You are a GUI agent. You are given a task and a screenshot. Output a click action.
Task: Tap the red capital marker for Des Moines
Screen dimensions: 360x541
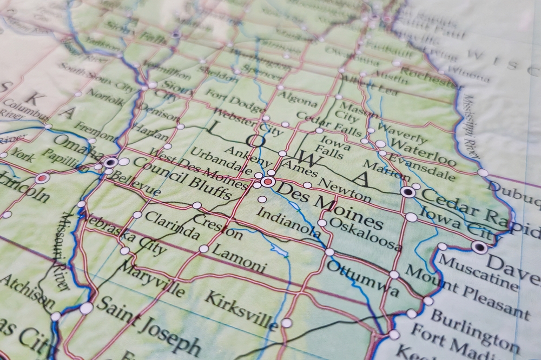click(x=268, y=182)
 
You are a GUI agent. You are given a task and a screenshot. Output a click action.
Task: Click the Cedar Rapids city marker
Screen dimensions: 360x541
click(x=408, y=192)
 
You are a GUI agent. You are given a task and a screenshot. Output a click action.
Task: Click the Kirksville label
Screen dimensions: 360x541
click(x=241, y=311)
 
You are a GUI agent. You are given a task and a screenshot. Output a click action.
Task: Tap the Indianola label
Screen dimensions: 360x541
click(x=288, y=222)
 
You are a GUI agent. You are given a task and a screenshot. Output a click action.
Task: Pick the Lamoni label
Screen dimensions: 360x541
click(x=238, y=258)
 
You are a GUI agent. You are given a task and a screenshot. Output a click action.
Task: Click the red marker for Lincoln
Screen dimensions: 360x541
click(x=43, y=178)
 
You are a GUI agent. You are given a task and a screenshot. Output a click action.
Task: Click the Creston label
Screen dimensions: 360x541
click(x=217, y=226)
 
